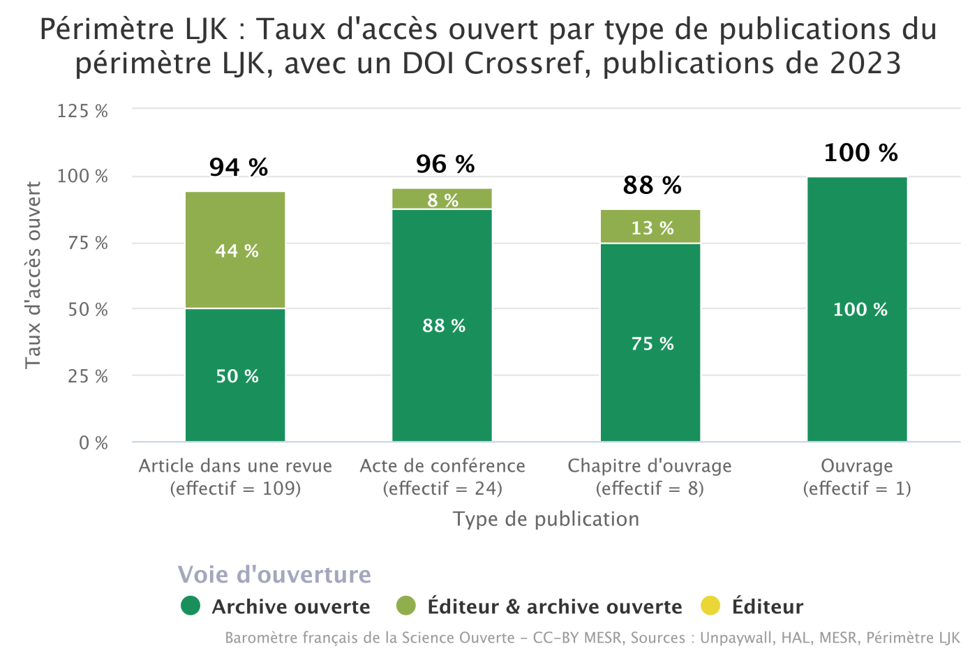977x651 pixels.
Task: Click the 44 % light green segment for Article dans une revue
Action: point(235,250)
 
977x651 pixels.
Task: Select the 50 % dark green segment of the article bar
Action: point(235,375)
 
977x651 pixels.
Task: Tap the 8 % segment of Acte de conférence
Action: point(442,200)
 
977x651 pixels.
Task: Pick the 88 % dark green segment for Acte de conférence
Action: point(442,325)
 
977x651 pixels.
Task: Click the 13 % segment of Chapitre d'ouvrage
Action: point(650,227)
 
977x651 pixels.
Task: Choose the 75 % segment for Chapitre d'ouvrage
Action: point(650,343)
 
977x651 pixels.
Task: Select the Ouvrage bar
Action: point(857,309)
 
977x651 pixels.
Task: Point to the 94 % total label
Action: point(239,167)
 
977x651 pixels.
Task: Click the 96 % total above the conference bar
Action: point(445,165)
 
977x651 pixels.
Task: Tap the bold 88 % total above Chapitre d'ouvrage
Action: point(652,186)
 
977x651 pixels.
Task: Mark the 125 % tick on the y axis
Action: point(82,111)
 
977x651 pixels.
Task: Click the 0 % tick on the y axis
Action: point(94,443)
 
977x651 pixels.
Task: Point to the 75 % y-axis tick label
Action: point(88,244)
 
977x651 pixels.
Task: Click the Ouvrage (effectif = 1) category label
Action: point(857,477)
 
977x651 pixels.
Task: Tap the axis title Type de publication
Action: point(546,519)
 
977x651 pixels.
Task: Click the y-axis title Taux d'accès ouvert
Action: point(33,275)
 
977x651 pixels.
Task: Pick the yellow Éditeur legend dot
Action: point(710,606)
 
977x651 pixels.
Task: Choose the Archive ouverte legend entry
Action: point(276,606)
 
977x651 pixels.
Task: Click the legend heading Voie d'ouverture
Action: point(274,575)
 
